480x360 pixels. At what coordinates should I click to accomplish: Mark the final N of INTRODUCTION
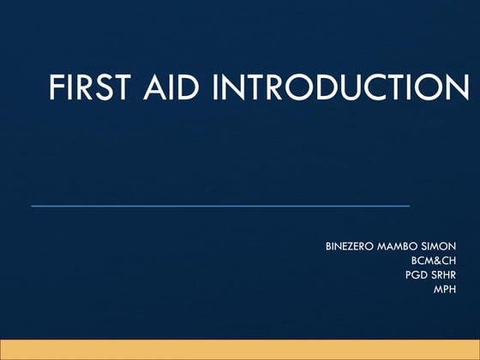(457, 89)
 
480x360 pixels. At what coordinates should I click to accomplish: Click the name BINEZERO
(349, 247)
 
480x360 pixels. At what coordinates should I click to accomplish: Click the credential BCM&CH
(435, 261)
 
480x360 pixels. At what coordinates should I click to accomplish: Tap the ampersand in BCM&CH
(436, 261)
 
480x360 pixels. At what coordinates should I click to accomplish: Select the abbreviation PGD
(416, 275)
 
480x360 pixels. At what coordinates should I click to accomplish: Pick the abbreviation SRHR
(443, 275)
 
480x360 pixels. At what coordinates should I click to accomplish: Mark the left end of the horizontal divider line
(33, 206)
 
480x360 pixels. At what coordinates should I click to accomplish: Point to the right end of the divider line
(408, 206)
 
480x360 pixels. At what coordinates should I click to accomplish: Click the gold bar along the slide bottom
(240, 349)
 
